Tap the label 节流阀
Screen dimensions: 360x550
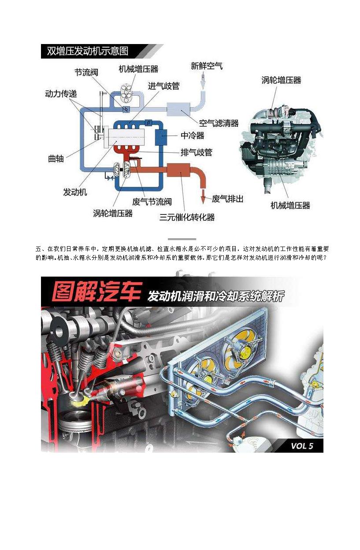click(x=86, y=72)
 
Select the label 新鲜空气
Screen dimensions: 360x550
click(x=207, y=66)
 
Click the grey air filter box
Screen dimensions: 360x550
click(x=178, y=109)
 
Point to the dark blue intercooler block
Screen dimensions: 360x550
click(x=161, y=136)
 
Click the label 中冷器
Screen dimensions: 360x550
click(x=193, y=136)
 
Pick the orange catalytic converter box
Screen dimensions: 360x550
click(x=178, y=170)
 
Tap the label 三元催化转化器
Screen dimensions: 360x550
click(x=187, y=217)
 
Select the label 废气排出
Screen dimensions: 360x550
click(x=227, y=199)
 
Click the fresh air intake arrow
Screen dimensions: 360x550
click(x=203, y=81)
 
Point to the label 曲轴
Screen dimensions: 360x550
click(x=56, y=159)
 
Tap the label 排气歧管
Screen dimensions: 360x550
click(x=197, y=152)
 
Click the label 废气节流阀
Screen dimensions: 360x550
click(x=152, y=202)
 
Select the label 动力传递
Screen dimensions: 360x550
click(x=61, y=94)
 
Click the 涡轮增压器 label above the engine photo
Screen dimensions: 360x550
click(x=281, y=80)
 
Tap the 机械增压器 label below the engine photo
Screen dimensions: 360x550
click(x=290, y=205)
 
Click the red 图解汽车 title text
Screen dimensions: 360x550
click(x=97, y=292)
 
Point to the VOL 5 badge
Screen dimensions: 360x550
click(x=302, y=446)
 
